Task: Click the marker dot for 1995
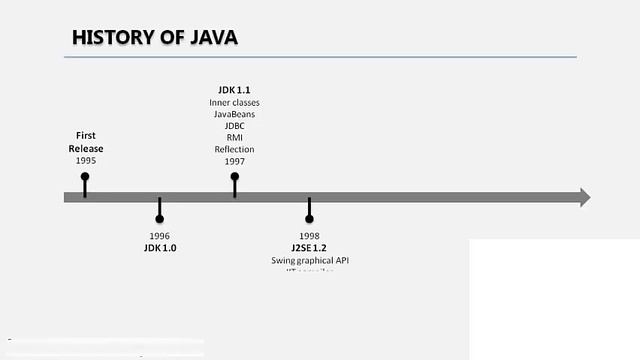pyautogui.click(x=85, y=177)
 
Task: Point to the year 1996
pyautogui.click(x=160, y=235)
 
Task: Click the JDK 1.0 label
pyautogui.click(x=160, y=247)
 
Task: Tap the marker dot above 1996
pyautogui.click(x=160, y=218)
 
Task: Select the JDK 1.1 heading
pyautogui.click(x=234, y=90)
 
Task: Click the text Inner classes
pyautogui.click(x=234, y=102)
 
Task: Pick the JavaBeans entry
pyautogui.click(x=234, y=114)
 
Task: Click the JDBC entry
pyautogui.click(x=234, y=126)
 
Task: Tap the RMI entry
pyautogui.click(x=234, y=138)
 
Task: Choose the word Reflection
pyautogui.click(x=234, y=149)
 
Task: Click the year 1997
pyautogui.click(x=234, y=161)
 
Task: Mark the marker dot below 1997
pyautogui.click(x=235, y=177)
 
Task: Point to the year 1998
pyautogui.click(x=309, y=236)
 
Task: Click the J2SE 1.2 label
pyautogui.click(x=310, y=248)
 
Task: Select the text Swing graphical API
pyautogui.click(x=310, y=260)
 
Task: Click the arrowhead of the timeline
pyautogui.click(x=583, y=197)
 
